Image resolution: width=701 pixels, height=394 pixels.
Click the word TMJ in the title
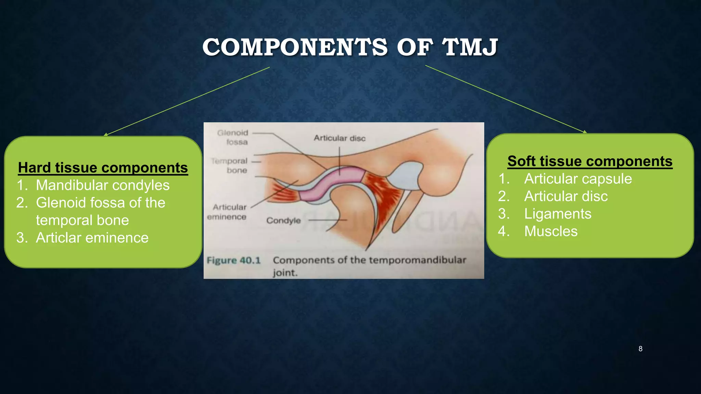470,47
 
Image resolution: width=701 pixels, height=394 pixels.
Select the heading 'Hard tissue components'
103,168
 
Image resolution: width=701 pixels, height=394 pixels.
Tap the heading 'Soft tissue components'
590,161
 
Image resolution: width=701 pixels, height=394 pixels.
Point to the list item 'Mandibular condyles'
103,185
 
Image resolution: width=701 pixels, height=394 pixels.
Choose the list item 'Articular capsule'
578,179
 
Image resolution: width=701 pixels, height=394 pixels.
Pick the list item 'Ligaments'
558,214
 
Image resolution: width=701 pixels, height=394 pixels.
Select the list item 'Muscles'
551,232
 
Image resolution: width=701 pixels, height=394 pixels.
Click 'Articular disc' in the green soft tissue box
566,196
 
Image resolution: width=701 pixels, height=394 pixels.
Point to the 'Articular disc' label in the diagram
340,138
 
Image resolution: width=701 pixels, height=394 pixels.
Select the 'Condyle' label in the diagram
283,221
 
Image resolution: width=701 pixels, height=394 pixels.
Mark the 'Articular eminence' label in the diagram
228,212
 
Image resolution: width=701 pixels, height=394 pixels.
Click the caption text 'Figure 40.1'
233,261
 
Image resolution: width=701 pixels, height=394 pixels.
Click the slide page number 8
640,349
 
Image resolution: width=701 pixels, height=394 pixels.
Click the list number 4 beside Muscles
503,232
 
